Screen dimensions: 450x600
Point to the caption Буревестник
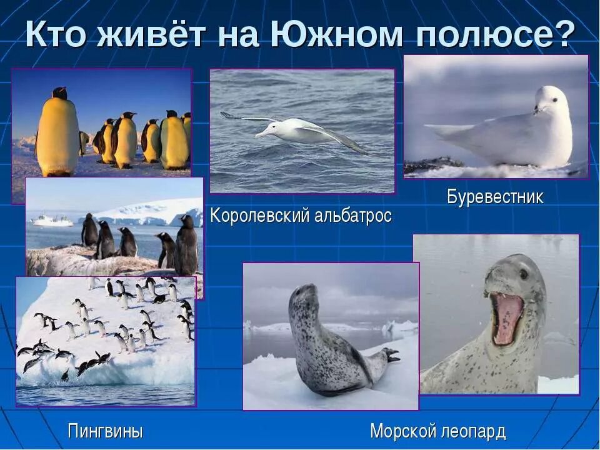tap(495, 197)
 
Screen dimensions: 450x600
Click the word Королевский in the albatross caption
tap(260, 216)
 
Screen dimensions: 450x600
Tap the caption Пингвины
tap(105, 431)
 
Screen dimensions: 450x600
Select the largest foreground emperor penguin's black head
tap(59, 93)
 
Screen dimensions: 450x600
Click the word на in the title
tap(241, 36)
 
